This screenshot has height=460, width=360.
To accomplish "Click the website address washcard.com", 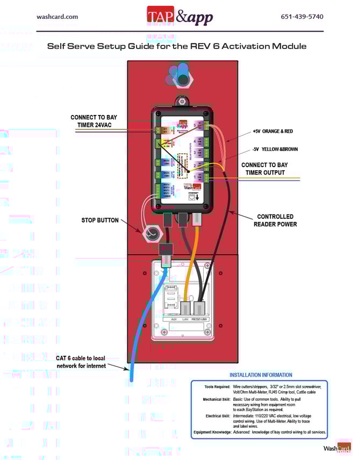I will pyautogui.click(x=57, y=17).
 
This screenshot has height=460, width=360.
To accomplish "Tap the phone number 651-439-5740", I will pyautogui.click(x=302, y=17).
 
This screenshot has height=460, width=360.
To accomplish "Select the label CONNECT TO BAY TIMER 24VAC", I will pyautogui.click(x=93, y=121).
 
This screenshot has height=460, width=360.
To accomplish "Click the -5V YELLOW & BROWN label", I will pyautogui.click(x=275, y=149).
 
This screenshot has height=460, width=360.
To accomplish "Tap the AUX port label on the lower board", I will pyautogui.click(x=174, y=319).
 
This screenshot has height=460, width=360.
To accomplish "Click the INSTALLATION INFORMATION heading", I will pyautogui.click(x=261, y=375).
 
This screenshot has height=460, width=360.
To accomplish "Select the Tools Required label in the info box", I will pyautogui.click(x=217, y=386).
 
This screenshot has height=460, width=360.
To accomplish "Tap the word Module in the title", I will pyautogui.click(x=287, y=46).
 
